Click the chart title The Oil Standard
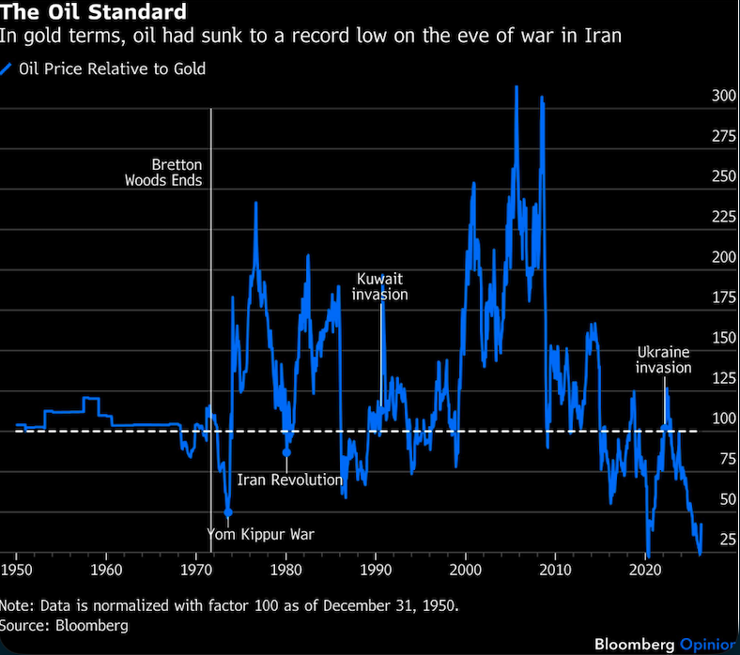click(93, 13)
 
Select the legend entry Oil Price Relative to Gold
click(111, 69)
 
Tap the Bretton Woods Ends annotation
click(163, 172)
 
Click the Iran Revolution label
click(289, 480)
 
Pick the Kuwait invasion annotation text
click(379, 286)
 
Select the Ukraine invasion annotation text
click(663, 359)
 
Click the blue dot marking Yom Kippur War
click(228, 511)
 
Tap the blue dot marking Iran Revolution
click(286, 452)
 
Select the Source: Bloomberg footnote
click(64, 624)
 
